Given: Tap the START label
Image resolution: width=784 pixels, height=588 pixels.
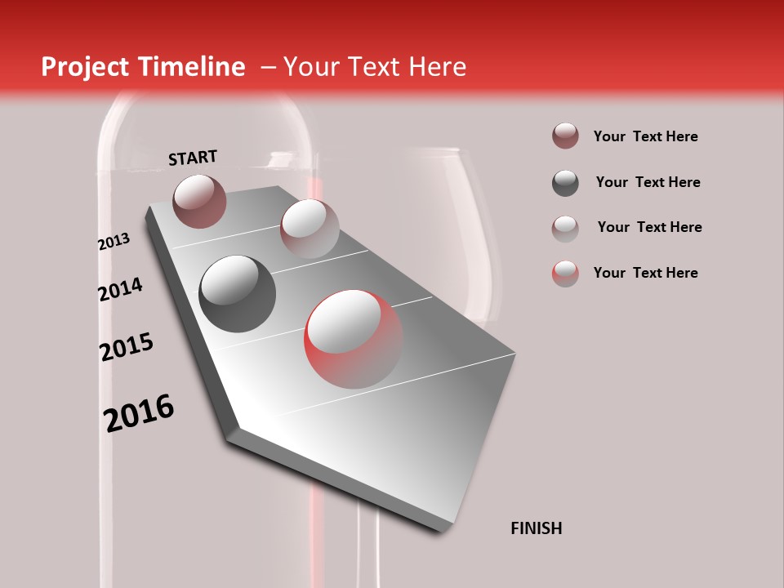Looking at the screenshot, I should pyautogui.click(x=193, y=158).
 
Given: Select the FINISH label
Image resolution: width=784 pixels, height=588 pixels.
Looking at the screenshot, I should pyautogui.click(x=536, y=528).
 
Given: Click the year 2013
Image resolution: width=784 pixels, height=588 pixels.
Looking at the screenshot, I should pyautogui.click(x=114, y=242).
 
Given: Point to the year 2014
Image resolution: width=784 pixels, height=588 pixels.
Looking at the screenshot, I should pyautogui.click(x=120, y=289).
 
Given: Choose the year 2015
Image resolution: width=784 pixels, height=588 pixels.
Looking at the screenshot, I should pyautogui.click(x=126, y=348).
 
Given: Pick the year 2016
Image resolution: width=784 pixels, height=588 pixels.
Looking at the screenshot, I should pyautogui.click(x=139, y=413).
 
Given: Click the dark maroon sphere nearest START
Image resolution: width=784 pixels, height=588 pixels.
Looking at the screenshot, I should pyautogui.click(x=199, y=201).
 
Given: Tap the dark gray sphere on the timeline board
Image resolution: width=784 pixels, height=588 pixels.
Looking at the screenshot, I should pyautogui.click(x=237, y=293).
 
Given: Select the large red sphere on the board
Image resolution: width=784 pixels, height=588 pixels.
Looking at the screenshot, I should pyautogui.click(x=354, y=338).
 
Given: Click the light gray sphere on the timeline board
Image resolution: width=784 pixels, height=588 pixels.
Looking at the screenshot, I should pyautogui.click(x=309, y=228).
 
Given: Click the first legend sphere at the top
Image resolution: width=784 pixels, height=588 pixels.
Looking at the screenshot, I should pyautogui.click(x=565, y=136).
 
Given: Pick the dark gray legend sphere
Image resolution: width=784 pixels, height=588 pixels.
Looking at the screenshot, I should pyautogui.click(x=565, y=183).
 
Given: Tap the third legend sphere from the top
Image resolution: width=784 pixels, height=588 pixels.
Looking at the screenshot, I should pyautogui.click(x=565, y=228).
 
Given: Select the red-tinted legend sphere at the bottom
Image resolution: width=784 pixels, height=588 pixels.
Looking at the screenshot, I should pyautogui.click(x=565, y=273).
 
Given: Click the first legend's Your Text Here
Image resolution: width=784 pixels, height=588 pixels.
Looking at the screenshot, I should pyautogui.click(x=645, y=136).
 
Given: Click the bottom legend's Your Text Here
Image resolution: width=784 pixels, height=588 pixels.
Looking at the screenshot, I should pyautogui.click(x=645, y=273).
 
